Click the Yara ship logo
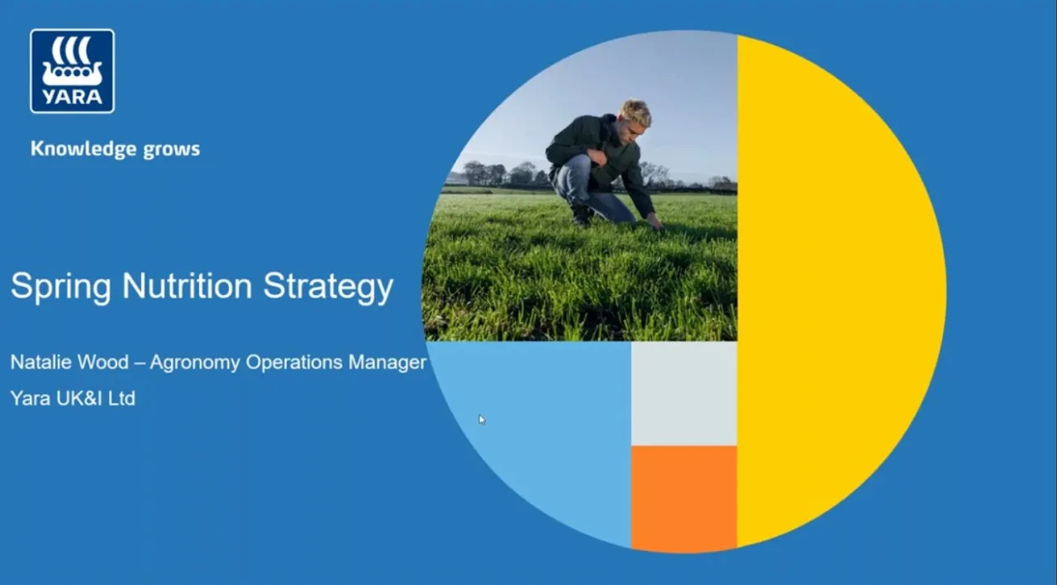coord(72,70)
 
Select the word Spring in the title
coord(60,288)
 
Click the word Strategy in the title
coord(328,288)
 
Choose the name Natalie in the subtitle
coord(38,362)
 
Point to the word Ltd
coord(121,398)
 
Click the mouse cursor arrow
coord(482,419)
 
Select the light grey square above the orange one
coord(683,393)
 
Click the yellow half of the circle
coord(835,289)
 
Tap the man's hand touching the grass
coord(655,221)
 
